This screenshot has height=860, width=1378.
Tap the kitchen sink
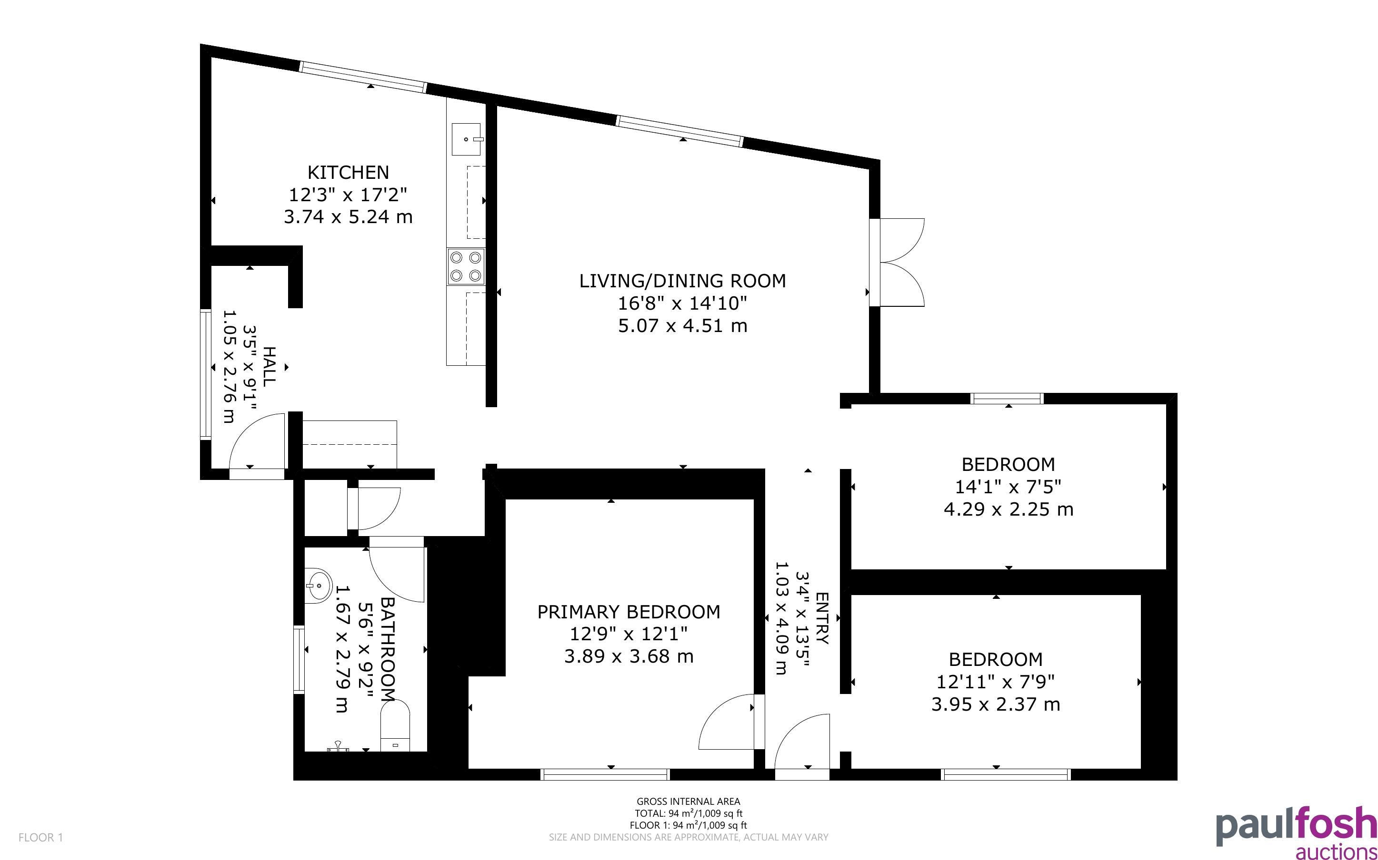click(466, 139)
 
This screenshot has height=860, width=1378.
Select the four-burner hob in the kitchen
click(466, 267)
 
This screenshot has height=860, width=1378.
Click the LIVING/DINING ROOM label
click(682, 281)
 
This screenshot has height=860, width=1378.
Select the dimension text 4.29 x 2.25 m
click(1009, 508)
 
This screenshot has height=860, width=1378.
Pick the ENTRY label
click(822, 618)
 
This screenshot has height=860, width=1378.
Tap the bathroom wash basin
click(318, 584)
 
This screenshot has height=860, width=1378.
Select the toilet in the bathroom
click(395, 725)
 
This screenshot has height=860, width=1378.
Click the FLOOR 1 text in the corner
click(40, 837)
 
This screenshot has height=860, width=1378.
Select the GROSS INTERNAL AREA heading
click(688, 802)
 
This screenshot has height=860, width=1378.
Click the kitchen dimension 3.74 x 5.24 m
click(349, 217)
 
